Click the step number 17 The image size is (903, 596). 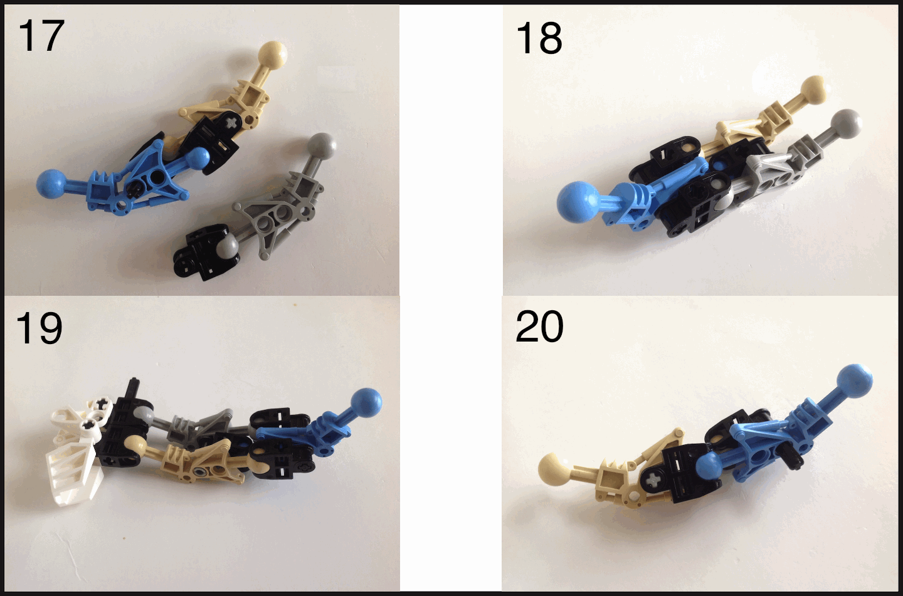pos(41,36)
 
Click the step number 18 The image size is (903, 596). pos(539,38)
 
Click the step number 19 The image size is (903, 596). pos(39,328)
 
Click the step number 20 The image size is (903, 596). pos(539,327)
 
